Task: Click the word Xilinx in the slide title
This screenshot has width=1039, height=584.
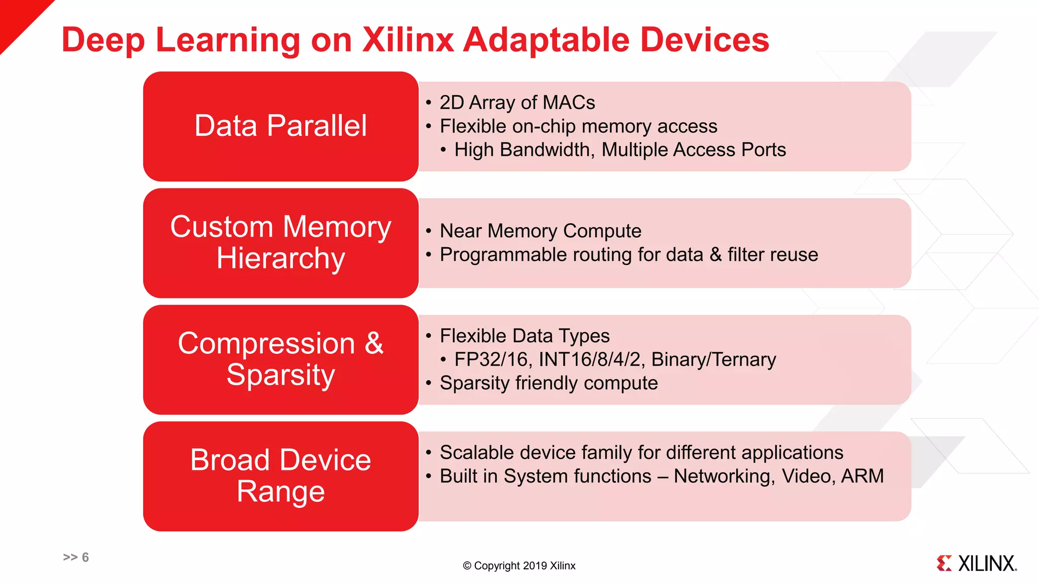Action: [408, 40]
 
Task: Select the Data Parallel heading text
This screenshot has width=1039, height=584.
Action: [281, 126]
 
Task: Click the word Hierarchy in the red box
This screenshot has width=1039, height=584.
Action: [281, 259]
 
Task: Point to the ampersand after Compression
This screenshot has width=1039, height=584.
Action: [374, 343]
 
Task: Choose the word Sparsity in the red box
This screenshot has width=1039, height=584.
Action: [281, 375]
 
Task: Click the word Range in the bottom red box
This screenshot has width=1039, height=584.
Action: [281, 492]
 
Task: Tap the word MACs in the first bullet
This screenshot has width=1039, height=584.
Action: [569, 102]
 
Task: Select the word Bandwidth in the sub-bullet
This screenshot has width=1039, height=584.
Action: [547, 150]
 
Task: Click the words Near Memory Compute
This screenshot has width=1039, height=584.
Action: [540, 231]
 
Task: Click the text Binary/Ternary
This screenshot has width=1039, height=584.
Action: [713, 359]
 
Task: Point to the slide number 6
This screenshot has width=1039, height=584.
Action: [85, 557]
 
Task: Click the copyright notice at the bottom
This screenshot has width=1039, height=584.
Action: [519, 566]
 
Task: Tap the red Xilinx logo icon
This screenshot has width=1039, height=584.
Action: [944, 563]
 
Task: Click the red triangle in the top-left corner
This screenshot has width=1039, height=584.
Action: [18, 18]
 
